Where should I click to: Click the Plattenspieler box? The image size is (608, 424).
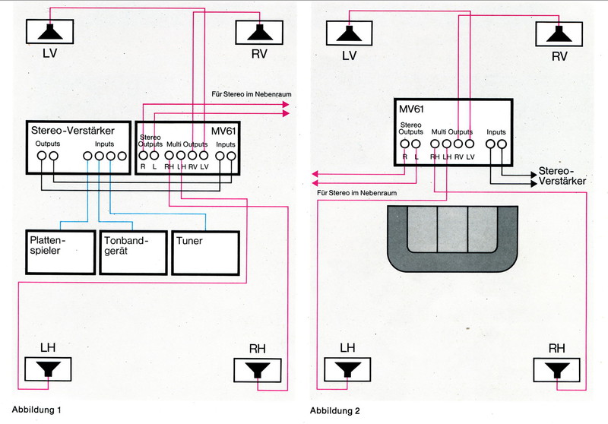[x=61, y=252]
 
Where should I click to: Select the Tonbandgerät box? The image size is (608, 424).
[x=134, y=253]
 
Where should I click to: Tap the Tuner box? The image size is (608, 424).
[x=205, y=253]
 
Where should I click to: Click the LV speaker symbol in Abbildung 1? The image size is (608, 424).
[x=49, y=32]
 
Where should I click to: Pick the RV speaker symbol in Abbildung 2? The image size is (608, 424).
[x=559, y=34]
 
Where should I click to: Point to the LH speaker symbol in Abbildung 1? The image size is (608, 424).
[x=48, y=369]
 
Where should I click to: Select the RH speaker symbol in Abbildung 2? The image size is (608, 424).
[x=556, y=370]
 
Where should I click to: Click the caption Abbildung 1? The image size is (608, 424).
[x=36, y=410]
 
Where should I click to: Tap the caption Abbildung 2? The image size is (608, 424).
[x=334, y=411]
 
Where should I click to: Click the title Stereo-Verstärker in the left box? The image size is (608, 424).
[x=72, y=130]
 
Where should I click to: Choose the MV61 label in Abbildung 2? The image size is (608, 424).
[x=411, y=109]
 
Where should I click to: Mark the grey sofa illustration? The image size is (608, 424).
[x=452, y=239]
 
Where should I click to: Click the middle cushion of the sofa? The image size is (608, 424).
[x=452, y=229]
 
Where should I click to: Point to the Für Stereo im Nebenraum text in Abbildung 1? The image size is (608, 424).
[x=252, y=94]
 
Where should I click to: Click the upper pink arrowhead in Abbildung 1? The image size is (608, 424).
[x=286, y=104]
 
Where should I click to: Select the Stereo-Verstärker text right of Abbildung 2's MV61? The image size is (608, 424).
[x=562, y=176]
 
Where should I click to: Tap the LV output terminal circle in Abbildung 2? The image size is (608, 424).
[x=470, y=144]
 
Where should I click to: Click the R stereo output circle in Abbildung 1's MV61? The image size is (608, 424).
[x=143, y=156]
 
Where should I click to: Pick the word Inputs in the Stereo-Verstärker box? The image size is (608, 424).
[x=105, y=144]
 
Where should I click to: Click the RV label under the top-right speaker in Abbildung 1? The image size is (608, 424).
[x=259, y=53]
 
